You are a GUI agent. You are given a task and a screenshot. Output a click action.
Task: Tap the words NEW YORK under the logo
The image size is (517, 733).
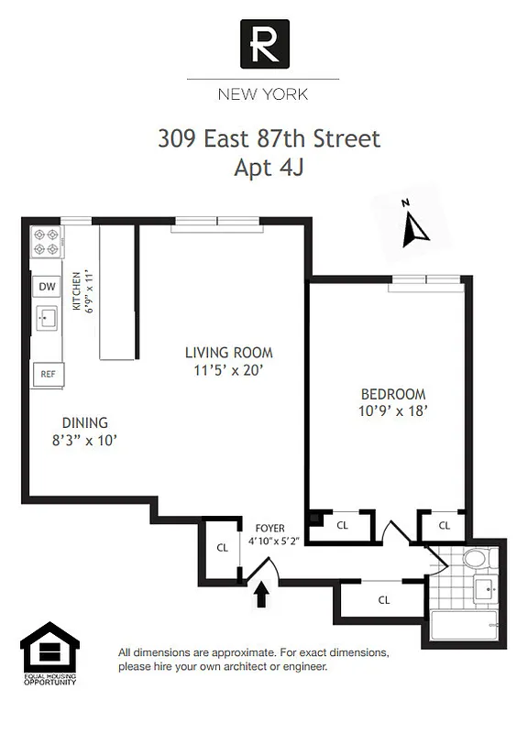tap(262, 93)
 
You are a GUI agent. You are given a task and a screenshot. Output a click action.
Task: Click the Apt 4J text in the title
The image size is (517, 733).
tap(269, 168)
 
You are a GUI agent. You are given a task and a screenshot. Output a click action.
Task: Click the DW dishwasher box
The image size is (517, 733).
tap(47, 287)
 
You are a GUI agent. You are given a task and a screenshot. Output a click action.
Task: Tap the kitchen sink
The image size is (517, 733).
tap(47, 318)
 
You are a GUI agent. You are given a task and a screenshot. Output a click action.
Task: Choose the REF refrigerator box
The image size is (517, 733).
tap(47, 374)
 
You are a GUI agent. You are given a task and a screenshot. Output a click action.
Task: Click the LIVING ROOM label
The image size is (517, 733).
tap(228, 353)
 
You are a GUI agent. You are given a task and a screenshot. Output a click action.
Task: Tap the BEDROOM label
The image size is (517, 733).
tap(392, 393)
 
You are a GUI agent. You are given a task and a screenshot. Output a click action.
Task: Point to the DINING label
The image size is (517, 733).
tap(84, 422)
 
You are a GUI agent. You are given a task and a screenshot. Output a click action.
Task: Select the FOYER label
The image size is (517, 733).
tap(269, 529)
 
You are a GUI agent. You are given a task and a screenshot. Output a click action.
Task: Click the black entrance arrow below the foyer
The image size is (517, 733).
tap(261, 596)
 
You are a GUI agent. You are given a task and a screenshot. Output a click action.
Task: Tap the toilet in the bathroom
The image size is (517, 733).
tap(477, 558)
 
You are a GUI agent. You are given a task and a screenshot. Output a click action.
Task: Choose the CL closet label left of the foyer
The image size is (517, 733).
tap(222, 548)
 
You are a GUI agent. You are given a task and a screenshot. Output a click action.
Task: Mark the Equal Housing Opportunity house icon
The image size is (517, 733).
tap(49, 650)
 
